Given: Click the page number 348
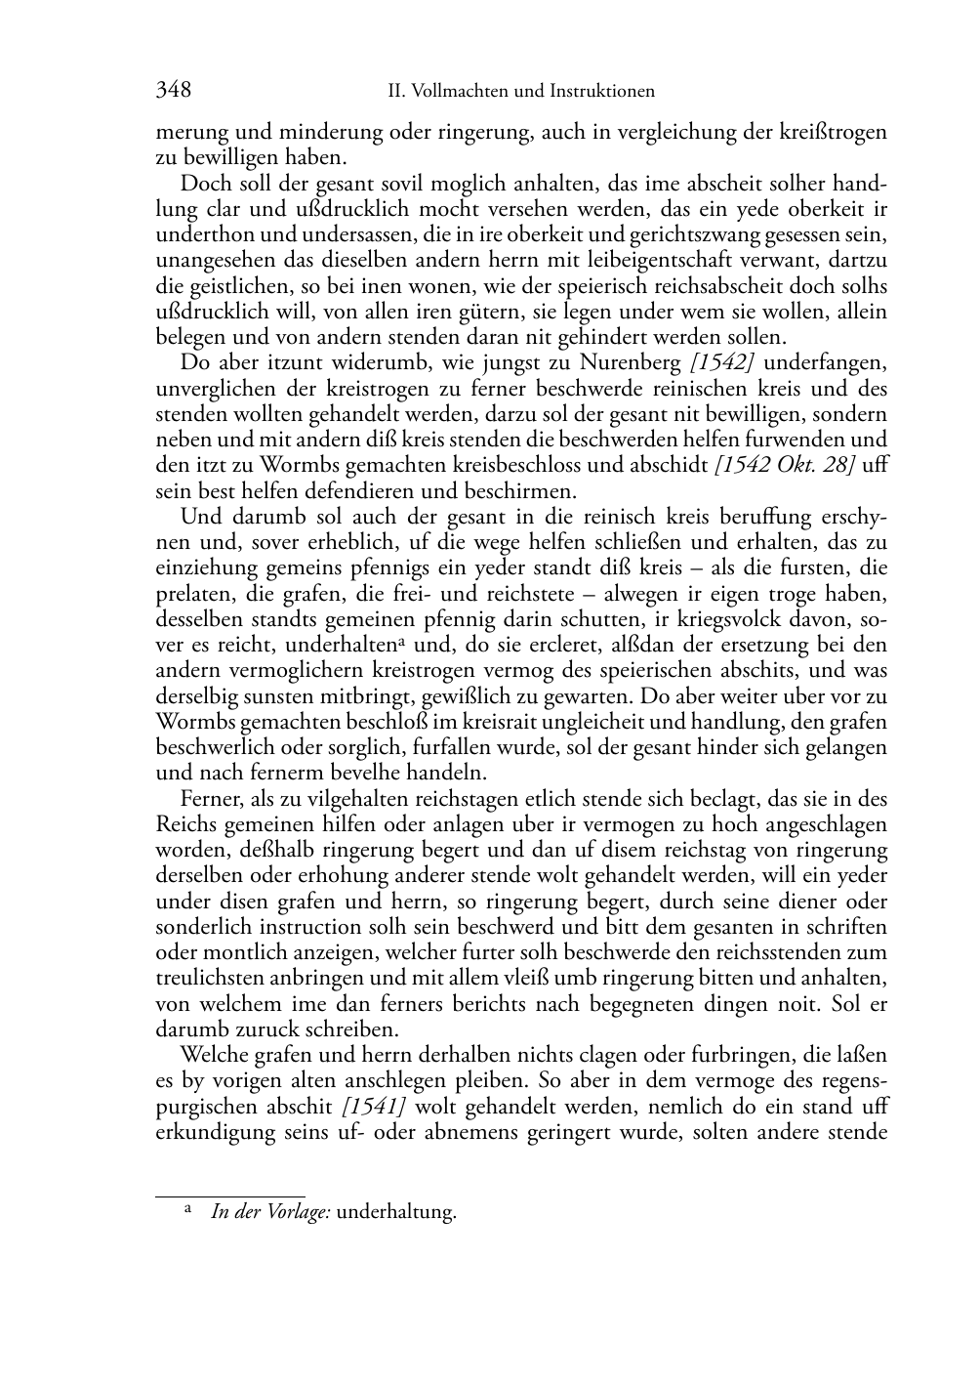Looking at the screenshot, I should tap(174, 90).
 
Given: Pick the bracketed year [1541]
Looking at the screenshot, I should tap(374, 1107).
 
